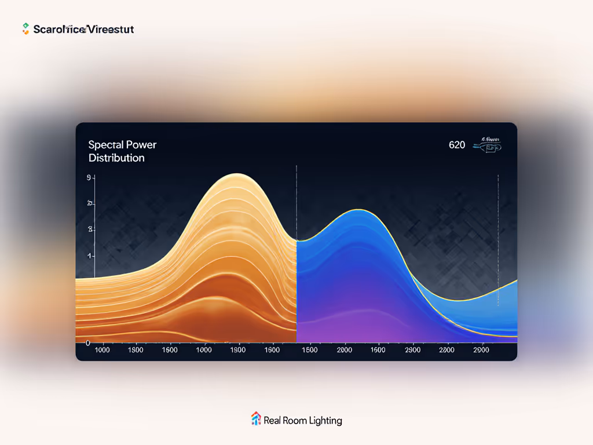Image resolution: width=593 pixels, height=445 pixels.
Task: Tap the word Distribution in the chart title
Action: click(116, 158)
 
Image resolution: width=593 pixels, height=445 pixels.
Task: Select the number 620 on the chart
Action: click(457, 145)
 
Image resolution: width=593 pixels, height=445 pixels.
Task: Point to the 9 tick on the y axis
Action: click(89, 178)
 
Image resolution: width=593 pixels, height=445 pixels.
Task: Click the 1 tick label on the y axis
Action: click(90, 256)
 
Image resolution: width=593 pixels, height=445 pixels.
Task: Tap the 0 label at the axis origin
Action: click(87, 343)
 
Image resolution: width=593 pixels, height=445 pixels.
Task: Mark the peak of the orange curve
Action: click(237, 174)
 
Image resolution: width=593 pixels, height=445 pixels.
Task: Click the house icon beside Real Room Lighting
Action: click(255, 419)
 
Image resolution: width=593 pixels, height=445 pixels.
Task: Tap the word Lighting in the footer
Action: click(325, 421)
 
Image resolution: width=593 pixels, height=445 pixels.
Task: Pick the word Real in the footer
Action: click(272, 421)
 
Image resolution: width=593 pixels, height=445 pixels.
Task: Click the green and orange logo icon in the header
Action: click(25, 28)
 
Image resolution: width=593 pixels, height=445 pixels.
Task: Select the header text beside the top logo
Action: click(83, 29)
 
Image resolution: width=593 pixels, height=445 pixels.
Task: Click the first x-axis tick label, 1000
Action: click(102, 350)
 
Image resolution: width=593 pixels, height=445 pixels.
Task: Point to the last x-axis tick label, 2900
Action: click(481, 350)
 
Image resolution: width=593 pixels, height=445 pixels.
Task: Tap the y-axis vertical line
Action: click(94, 226)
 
